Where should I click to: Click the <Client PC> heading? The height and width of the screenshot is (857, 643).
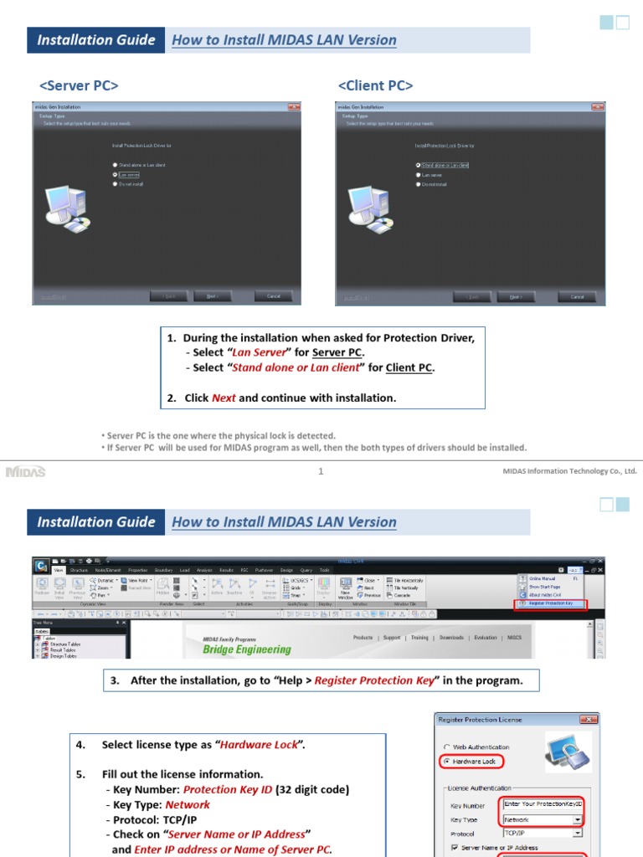(x=375, y=86)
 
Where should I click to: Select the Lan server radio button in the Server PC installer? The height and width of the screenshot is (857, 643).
(x=116, y=174)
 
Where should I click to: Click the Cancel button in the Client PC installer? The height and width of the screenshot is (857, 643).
(x=577, y=296)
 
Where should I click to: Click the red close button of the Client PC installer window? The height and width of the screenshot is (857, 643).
(x=597, y=107)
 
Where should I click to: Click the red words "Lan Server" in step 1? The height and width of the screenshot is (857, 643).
(x=259, y=352)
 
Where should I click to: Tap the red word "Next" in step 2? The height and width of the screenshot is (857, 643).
(x=224, y=398)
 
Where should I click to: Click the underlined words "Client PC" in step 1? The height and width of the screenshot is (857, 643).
(x=409, y=367)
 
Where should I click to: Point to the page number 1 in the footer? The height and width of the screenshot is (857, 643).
(x=321, y=471)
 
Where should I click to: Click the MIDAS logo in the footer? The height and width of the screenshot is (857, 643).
(x=25, y=471)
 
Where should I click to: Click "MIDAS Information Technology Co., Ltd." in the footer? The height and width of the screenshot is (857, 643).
(x=569, y=471)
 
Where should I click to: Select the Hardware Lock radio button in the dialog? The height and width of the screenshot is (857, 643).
(x=447, y=762)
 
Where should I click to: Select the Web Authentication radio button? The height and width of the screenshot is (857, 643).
(x=447, y=747)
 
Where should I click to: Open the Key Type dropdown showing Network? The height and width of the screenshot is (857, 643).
(x=577, y=820)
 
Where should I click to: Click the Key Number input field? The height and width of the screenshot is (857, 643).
(x=542, y=803)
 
